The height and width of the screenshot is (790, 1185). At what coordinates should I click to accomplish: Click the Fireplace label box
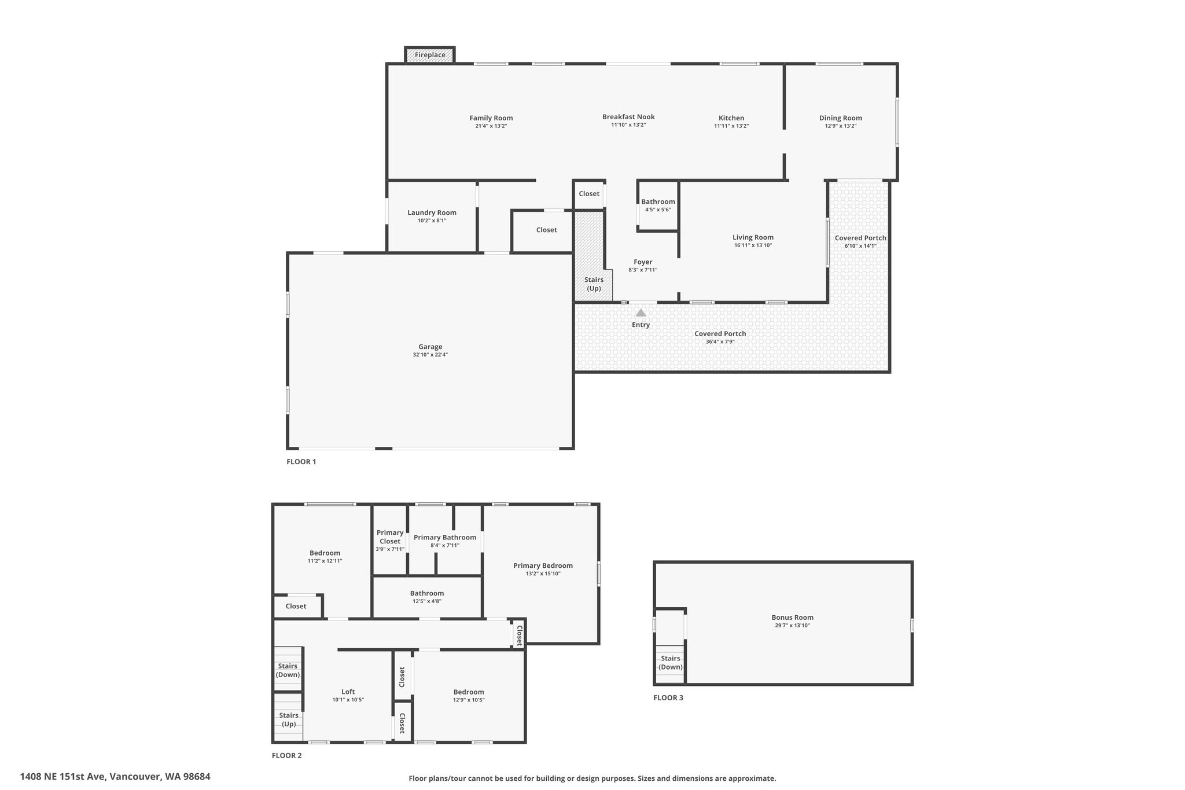pyautogui.click(x=430, y=55)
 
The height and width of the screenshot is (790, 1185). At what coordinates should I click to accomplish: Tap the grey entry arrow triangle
pyautogui.click(x=641, y=313)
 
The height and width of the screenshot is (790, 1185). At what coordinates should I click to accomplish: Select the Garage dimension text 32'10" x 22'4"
pyautogui.click(x=430, y=355)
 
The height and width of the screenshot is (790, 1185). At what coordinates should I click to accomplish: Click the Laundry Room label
pyautogui.click(x=432, y=212)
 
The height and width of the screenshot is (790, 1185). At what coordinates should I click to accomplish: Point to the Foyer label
pyautogui.click(x=643, y=262)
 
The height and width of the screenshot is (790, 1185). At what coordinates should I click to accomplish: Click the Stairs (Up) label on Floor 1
pyautogui.click(x=594, y=284)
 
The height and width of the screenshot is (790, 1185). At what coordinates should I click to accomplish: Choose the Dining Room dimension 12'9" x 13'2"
pyautogui.click(x=841, y=126)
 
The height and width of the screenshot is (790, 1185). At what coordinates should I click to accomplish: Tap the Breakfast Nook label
pyautogui.click(x=628, y=117)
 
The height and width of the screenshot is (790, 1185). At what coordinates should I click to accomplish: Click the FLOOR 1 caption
pyautogui.click(x=301, y=462)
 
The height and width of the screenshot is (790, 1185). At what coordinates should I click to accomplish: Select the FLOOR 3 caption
pyautogui.click(x=668, y=697)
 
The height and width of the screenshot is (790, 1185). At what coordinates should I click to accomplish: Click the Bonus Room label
pyautogui.click(x=792, y=618)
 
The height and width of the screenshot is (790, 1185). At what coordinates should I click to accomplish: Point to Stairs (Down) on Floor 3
pyautogui.click(x=671, y=663)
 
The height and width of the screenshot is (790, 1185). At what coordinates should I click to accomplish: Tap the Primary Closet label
pyautogui.click(x=390, y=537)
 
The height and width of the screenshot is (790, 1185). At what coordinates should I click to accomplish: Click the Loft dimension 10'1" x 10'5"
pyautogui.click(x=348, y=700)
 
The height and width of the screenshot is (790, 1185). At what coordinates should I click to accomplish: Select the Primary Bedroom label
pyautogui.click(x=543, y=565)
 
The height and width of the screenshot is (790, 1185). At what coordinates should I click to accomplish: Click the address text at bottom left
pyautogui.click(x=115, y=777)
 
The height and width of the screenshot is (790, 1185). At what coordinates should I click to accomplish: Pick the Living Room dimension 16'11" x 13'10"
pyautogui.click(x=753, y=245)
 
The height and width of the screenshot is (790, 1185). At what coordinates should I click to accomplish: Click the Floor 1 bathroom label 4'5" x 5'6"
pyautogui.click(x=658, y=210)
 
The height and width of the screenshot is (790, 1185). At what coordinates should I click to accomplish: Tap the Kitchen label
pyautogui.click(x=731, y=118)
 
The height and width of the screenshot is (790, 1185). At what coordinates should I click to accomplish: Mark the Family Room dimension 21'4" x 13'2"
pyautogui.click(x=491, y=126)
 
